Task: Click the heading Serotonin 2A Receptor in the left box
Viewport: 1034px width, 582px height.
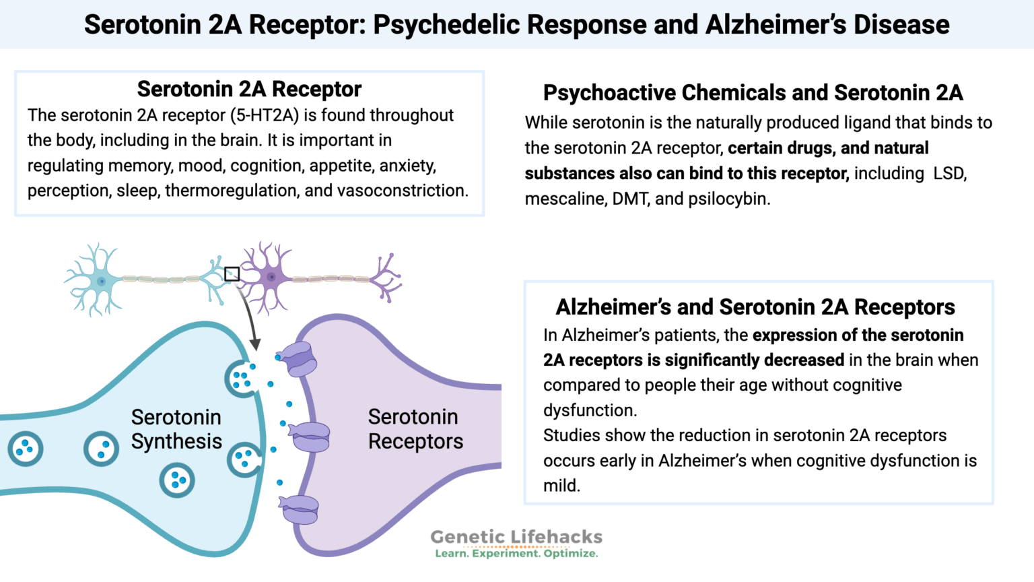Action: pyautogui.click(x=249, y=89)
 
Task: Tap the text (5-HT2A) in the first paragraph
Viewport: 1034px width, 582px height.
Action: pyautogui.click(x=265, y=115)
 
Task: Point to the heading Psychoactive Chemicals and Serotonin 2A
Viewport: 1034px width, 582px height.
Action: pyautogui.click(x=753, y=92)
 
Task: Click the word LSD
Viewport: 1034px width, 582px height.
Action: pyautogui.click(x=949, y=173)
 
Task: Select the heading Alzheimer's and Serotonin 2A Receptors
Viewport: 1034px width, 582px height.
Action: pyautogui.click(x=755, y=307)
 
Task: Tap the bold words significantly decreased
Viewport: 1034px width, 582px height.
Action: pyautogui.click(x=754, y=360)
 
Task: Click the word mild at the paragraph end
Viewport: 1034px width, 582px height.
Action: pyautogui.click(x=561, y=486)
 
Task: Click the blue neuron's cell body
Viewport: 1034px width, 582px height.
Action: pyautogui.click(x=100, y=280)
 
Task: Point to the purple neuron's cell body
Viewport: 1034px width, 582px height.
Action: pyautogui.click(x=271, y=277)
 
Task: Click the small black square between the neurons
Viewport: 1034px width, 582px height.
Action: pyautogui.click(x=232, y=273)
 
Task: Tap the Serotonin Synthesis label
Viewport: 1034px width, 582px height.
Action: pyautogui.click(x=176, y=429)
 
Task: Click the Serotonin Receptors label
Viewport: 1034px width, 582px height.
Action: pyautogui.click(x=415, y=429)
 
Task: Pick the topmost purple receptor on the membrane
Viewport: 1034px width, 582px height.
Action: pyautogui.click(x=297, y=358)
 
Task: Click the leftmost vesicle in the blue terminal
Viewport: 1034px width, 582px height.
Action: pyautogui.click(x=26, y=449)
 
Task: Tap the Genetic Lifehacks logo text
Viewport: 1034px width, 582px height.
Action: pyautogui.click(x=516, y=537)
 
